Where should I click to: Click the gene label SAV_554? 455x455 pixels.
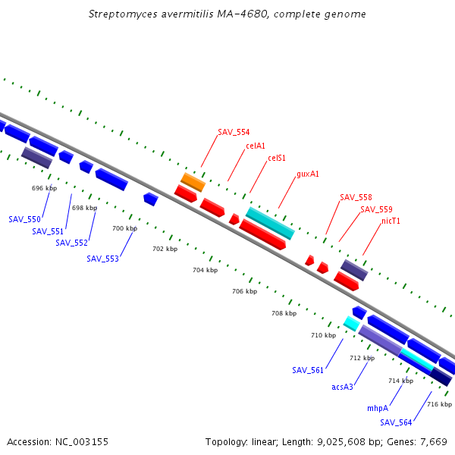[234, 132]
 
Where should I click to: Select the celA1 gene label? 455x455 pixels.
[256, 146]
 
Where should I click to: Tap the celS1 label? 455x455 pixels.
[277, 158]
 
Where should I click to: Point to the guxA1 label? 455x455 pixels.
[308, 174]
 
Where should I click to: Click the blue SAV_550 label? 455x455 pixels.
[24, 219]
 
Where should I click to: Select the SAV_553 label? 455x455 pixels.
[102, 259]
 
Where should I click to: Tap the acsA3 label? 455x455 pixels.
[343, 387]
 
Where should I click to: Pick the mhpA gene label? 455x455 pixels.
[378, 408]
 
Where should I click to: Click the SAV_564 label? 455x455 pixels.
[396, 422]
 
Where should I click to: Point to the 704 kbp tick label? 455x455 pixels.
[205, 270]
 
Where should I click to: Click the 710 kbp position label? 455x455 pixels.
[323, 335]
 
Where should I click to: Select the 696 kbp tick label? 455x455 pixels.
[44, 188]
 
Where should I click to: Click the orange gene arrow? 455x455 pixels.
[193, 182]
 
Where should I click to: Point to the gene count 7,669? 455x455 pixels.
[433, 441]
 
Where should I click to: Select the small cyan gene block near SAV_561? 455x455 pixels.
[351, 323]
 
